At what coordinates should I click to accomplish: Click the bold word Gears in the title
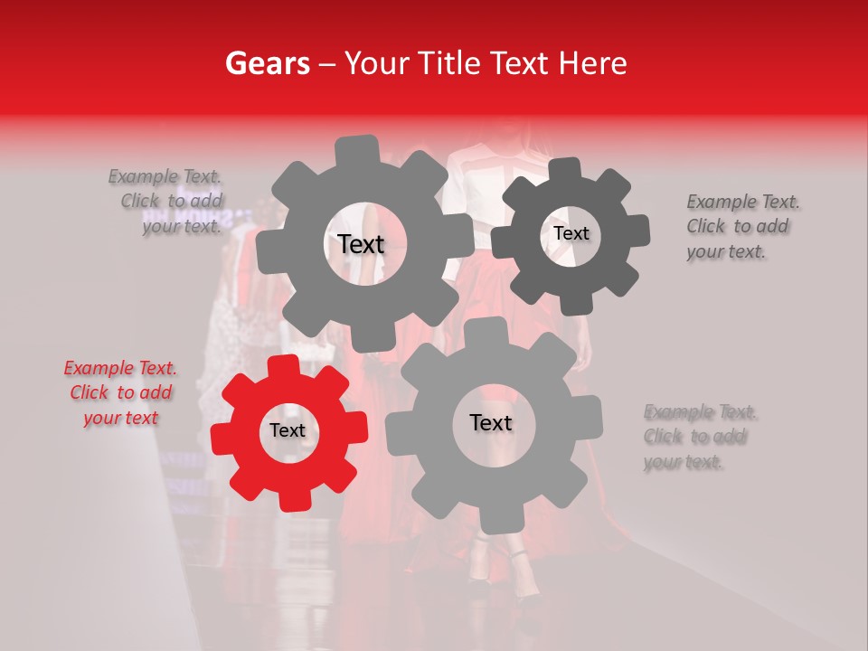click(267, 63)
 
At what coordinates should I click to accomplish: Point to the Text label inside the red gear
click(288, 431)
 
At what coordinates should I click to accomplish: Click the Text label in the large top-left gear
click(361, 244)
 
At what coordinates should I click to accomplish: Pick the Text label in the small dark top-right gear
click(571, 233)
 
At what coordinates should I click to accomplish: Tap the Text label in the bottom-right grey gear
click(491, 422)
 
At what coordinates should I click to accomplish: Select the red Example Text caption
click(120, 392)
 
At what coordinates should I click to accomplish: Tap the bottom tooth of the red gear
click(290, 499)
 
